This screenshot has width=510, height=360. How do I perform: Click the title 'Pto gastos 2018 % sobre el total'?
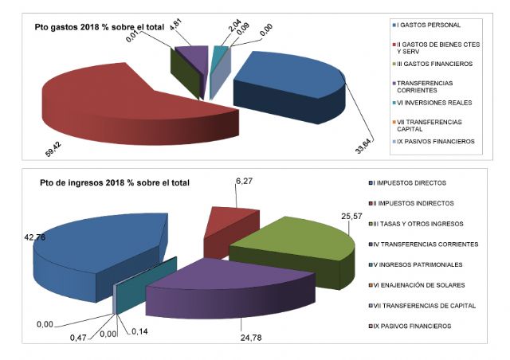(x=100, y=27)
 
